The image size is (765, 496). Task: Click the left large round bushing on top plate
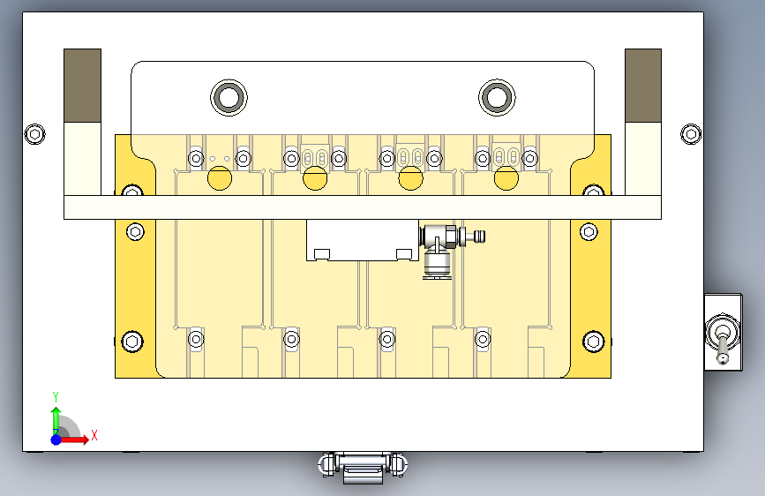click(x=229, y=97)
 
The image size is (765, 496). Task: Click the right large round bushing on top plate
click(x=497, y=97)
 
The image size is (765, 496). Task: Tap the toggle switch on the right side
click(x=723, y=337)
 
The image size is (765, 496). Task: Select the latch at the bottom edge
click(x=363, y=465)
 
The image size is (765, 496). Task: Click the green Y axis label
click(x=55, y=395)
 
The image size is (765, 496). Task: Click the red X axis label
click(x=94, y=435)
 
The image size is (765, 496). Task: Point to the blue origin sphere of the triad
click(x=56, y=439)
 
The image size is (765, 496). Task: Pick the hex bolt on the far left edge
click(x=34, y=134)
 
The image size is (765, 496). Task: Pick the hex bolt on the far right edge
click(x=691, y=134)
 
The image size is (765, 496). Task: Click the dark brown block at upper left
click(x=82, y=85)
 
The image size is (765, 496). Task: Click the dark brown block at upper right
click(x=643, y=85)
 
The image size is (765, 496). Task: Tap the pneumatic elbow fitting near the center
click(x=437, y=252)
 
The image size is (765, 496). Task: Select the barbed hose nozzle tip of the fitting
click(x=480, y=236)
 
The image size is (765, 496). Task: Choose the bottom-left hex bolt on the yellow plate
click(x=131, y=341)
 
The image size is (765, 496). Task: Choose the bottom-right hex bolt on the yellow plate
click(x=593, y=341)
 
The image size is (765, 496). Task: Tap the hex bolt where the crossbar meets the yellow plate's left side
click(x=131, y=192)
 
